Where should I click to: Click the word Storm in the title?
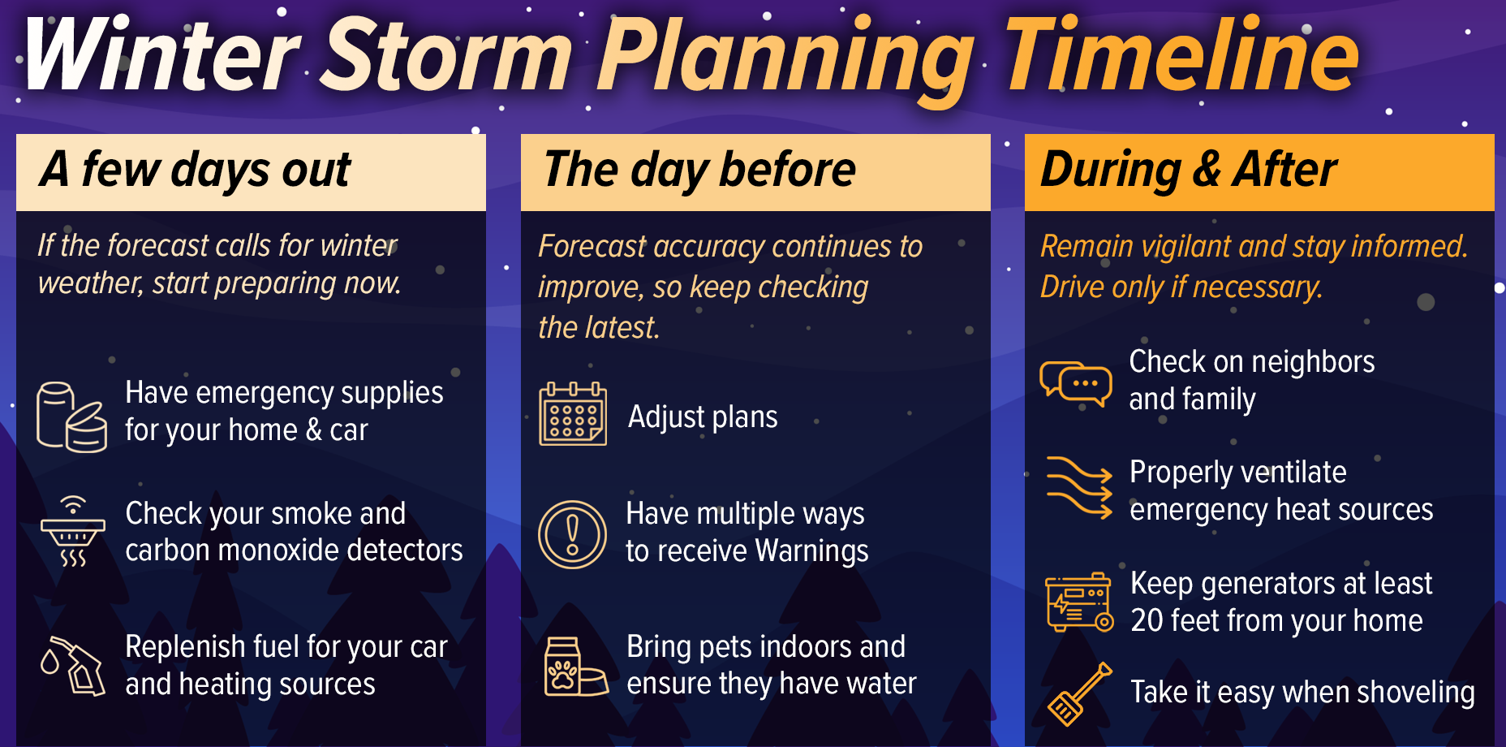446,55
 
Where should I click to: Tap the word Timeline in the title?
1181,55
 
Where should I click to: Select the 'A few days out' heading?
196,171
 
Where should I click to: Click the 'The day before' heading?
699,171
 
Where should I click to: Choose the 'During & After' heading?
1188,171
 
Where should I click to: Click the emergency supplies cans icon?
71,417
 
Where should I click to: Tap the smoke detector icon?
73,532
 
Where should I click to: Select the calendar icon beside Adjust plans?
573,415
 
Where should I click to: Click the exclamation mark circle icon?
573,534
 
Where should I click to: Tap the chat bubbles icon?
1076,382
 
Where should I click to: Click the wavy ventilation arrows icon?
1078,487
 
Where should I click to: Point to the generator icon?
1078,602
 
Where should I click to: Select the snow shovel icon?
1078,693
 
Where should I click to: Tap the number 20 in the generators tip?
1147,621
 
